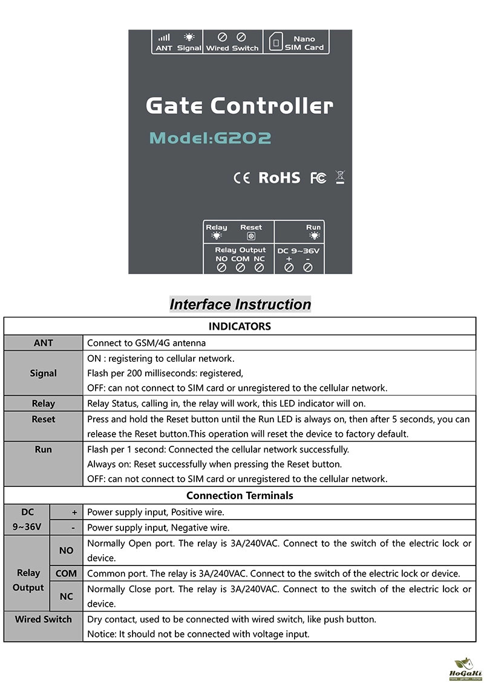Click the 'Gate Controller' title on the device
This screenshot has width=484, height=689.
(240, 106)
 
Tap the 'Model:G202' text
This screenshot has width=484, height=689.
(210, 138)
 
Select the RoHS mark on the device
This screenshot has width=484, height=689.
(279, 178)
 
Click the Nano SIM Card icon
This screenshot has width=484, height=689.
(276, 43)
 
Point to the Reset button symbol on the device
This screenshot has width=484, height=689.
(251, 237)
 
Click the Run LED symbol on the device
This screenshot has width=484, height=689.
(314, 236)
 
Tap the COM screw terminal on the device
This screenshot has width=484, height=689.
(240, 267)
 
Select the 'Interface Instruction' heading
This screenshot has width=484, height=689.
(240, 304)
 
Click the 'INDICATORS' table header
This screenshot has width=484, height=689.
(240, 327)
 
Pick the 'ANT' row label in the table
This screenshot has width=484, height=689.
(44, 343)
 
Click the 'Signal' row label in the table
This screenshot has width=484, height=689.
(44, 373)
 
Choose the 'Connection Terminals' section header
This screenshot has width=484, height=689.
(240, 495)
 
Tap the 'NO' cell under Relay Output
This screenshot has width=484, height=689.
(67, 550)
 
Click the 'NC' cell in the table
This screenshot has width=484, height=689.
(67, 596)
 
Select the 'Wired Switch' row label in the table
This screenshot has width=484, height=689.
(44, 619)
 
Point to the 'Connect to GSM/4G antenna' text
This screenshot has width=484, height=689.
(146, 343)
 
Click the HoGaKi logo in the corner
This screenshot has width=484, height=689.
(465, 670)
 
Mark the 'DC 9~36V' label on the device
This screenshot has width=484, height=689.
(298, 250)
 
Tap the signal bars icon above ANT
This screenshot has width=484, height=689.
(164, 38)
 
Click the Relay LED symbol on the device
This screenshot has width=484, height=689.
(217, 237)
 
